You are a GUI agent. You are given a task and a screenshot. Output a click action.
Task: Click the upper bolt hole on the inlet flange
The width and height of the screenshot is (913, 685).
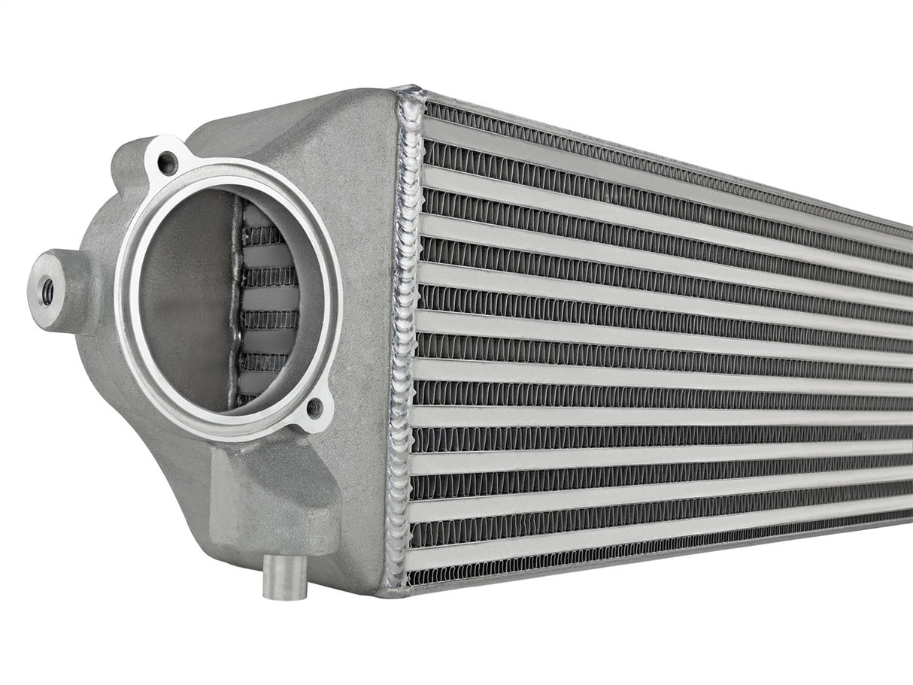[x=167, y=162]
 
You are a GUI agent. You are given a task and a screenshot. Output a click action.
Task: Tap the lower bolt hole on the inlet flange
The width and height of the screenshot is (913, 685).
[x=315, y=408]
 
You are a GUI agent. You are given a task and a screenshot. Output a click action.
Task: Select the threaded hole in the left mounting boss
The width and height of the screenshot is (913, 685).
[x=47, y=291]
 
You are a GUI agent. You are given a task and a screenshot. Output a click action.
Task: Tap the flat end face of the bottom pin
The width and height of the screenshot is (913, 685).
[x=284, y=594]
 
